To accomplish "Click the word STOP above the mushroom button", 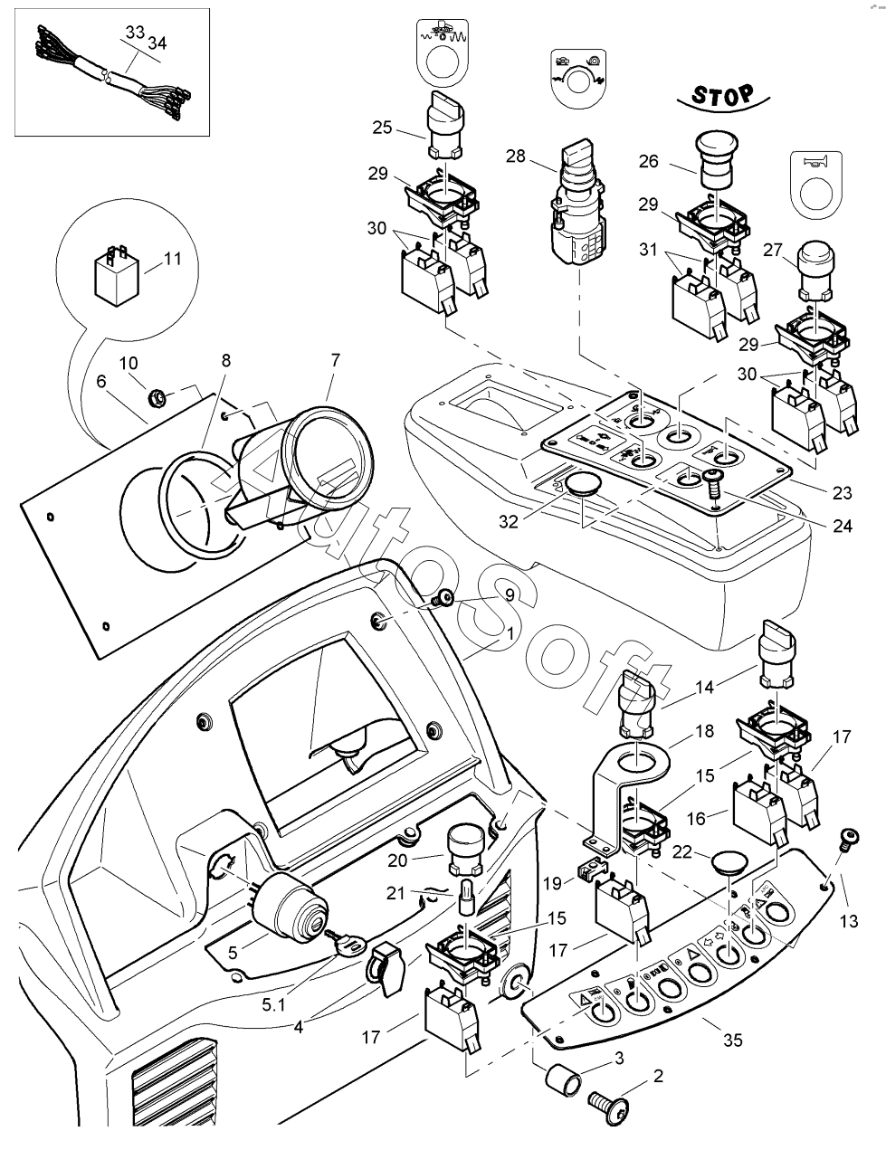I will (x=723, y=94).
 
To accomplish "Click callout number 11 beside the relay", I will (x=172, y=259).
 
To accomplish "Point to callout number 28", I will (x=515, y=157).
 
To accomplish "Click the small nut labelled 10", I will (x=156, y=394).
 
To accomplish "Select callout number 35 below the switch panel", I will (x=733, y=1040).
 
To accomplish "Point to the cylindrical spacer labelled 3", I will (x=563, y=1079).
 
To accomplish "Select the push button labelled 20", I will (x=462, y=841).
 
